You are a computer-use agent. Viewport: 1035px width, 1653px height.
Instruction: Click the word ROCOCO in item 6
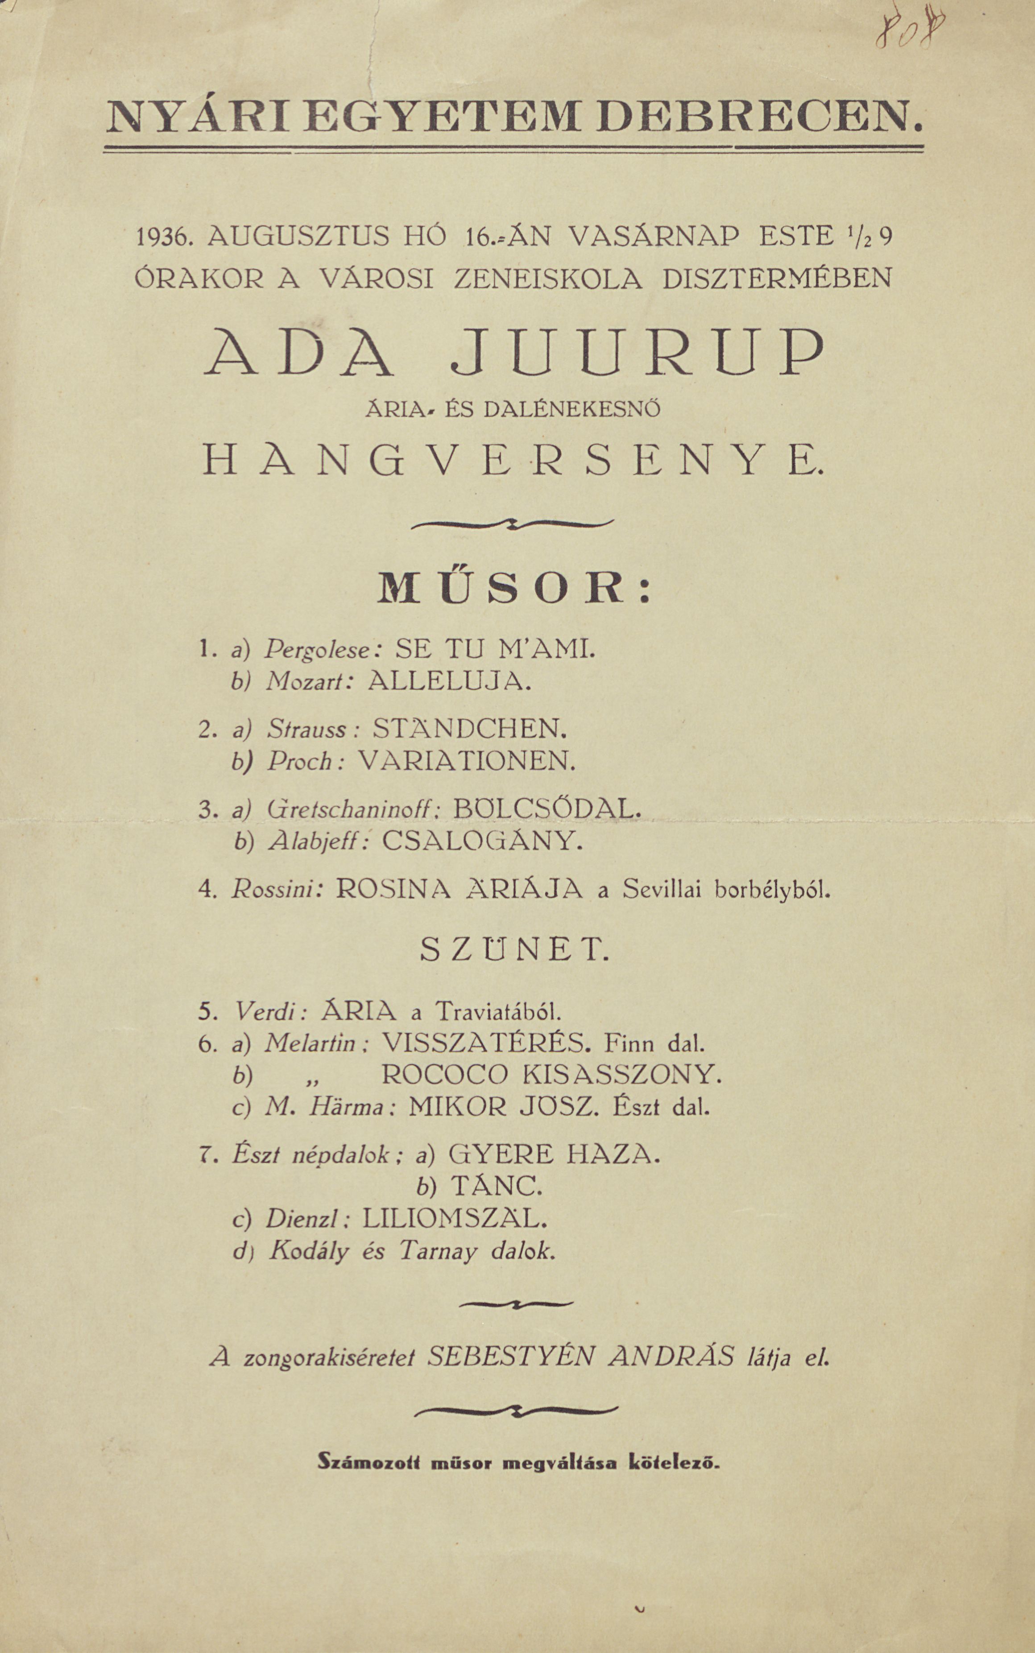click(444, 1075)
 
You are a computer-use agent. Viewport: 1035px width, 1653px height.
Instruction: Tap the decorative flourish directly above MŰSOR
click(513, 525)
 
